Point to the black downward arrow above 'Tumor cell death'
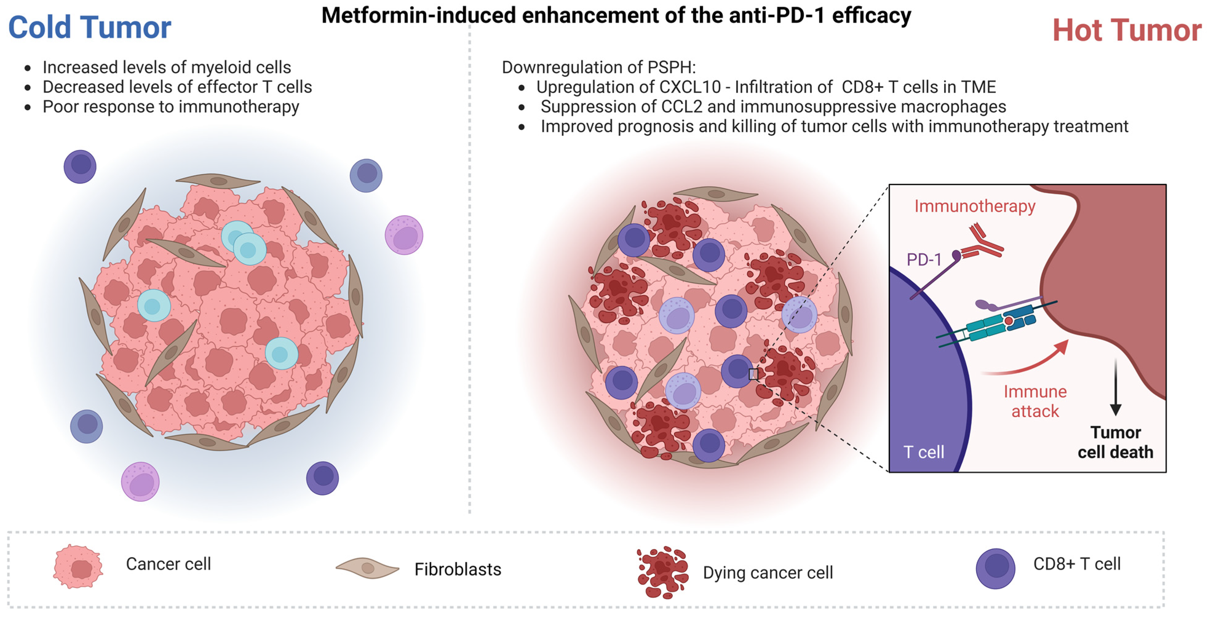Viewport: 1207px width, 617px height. [1116, 386]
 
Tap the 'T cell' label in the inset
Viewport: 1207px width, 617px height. [923, 452]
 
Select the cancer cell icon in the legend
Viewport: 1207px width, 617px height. [78, 566]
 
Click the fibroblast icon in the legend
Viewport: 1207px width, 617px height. [367, 568]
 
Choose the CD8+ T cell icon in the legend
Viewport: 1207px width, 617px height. [995, 568]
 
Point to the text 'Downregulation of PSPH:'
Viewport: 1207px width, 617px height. [598, 67]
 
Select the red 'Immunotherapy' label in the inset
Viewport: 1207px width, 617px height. [975, 206]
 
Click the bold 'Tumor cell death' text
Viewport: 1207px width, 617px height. [1115, 442]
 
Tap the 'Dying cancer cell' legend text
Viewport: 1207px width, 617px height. [768, 572]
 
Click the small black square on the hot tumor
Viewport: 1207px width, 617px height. [753, 374]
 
